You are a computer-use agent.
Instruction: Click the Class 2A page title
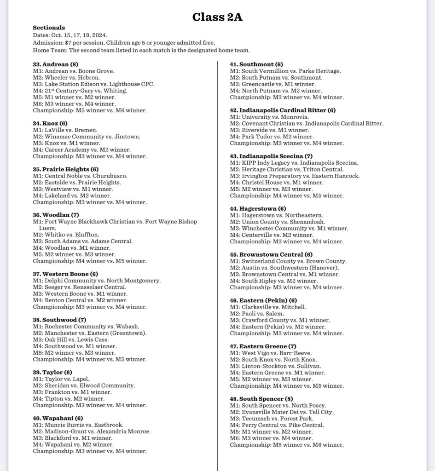click(217, 17)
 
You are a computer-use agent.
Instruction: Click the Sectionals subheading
click(49, 28)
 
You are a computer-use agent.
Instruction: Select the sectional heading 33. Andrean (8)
click(55, 64)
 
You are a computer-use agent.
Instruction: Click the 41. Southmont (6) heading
click(256, 64)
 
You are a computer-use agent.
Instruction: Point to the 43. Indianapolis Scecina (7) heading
click(271, 156)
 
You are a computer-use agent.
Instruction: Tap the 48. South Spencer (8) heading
click(261, 399)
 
